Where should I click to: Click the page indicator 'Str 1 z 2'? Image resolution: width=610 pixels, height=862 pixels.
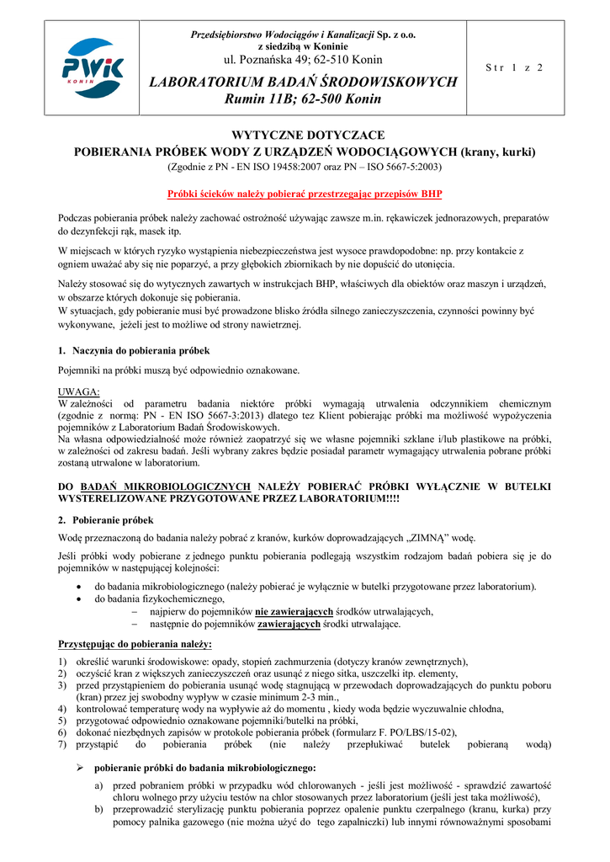click(x=515, y=67)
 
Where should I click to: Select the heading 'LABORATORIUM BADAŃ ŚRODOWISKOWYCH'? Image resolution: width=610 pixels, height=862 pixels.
click(x=303, y=82)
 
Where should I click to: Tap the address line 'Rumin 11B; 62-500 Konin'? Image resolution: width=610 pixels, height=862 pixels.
click(x=303, y=99)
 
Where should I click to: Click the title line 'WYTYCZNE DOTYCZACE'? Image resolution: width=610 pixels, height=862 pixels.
click(x=308, y=136)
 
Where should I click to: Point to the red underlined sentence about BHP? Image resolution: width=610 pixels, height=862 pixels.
click(x=305, y=193)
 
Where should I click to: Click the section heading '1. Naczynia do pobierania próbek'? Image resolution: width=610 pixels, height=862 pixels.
click(x=134, y=349)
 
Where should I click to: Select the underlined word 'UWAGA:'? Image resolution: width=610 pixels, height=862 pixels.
click(x=79, y=391)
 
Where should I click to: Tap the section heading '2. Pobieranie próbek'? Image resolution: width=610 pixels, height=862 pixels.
click(x=105, y=520)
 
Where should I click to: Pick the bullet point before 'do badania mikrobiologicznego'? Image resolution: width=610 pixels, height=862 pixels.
click(x=78, y=586)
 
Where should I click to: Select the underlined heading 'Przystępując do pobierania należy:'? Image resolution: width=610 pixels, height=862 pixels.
click(x=135, y=644)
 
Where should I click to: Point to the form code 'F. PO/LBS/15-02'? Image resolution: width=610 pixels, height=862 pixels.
click(x=416, y=732)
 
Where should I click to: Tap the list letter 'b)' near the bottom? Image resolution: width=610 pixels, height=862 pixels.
click(x=99, y=809)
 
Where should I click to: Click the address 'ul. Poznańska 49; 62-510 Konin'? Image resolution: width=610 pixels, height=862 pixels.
click(x=303, y=60)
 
